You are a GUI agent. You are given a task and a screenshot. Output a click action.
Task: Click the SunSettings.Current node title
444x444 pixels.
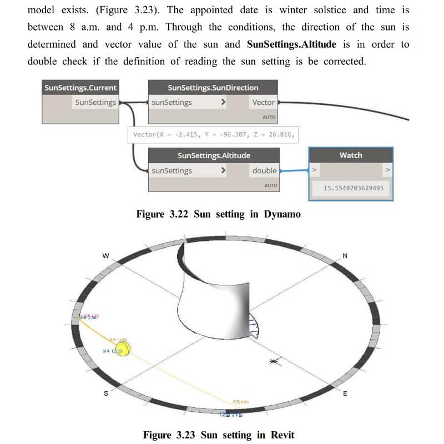point(80,88)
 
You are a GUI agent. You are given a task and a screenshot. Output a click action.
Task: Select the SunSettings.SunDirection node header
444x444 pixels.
point(213,88)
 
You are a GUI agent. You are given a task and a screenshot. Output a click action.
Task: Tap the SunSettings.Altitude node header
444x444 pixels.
point(214,156)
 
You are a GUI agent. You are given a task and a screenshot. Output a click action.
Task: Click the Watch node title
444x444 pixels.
point(350,155)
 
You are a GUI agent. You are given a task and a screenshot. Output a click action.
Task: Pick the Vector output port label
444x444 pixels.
point(263,103)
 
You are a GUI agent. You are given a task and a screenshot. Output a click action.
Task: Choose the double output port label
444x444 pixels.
point(264,171)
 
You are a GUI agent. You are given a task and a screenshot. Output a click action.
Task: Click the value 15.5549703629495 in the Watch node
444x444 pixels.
point(354,188)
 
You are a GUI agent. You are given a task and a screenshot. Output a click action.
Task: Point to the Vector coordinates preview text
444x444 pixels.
point(214,135)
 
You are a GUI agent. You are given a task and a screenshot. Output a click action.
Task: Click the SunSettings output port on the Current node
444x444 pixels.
point(95,103)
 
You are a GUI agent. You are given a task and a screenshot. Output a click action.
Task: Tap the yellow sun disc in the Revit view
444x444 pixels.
point(123,349)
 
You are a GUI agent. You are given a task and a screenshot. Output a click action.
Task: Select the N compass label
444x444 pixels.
point(345,256)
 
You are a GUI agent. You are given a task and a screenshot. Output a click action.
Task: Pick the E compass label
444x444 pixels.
point(345,393)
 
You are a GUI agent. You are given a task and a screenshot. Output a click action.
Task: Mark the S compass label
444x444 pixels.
point(105,393)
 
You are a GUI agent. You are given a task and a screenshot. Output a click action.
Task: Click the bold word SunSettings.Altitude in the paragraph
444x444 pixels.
point(291,44)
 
